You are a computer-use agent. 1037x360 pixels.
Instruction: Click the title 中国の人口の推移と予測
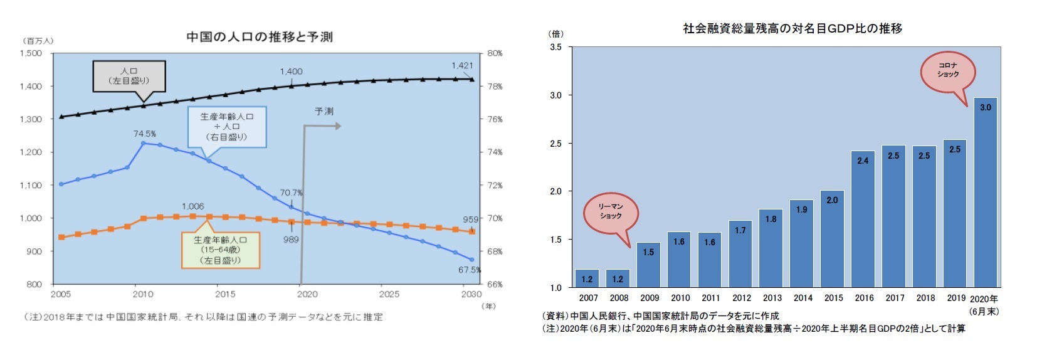[x=259, y=37]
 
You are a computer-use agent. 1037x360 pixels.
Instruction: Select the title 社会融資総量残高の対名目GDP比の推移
[x=792, y=28]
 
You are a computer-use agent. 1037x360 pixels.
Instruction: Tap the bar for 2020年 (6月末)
[x=985, y=193]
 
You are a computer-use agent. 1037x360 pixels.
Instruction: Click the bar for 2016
[x=863, y=219]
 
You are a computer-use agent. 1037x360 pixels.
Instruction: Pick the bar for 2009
[x=648, y=265]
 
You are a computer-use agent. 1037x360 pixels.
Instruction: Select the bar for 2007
[x=587, y=278]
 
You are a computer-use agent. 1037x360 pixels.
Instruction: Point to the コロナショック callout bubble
[x=947, y=71]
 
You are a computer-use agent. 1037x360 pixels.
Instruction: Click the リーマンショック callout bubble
[x=610, y=212]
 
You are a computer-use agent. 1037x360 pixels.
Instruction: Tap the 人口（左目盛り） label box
[x=129, y=76]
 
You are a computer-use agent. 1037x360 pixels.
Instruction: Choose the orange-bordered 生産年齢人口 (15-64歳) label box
[x=220, y=250]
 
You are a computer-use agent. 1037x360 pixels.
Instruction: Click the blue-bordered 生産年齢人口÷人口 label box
[x=227, y=127]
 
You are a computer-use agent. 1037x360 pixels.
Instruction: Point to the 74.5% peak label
[x=144, y=134]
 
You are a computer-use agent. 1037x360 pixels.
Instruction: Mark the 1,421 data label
[x=462, y=65]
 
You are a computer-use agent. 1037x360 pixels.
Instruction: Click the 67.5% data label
[x=469, y=270]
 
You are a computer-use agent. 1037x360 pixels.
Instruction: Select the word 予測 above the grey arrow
[x=324, y=111]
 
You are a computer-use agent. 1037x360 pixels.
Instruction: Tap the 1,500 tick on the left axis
[x=31, y=53]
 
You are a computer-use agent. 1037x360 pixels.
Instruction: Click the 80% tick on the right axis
[x=495, y=53]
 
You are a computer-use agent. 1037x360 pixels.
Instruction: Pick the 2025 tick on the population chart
[x=389, y=294]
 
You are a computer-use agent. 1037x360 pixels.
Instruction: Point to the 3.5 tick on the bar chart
[x=555, y=47]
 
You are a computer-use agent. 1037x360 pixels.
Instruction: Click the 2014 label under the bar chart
[x=803, y=298]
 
